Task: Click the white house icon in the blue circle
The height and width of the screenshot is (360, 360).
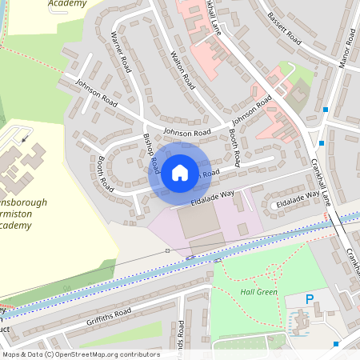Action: tap(180, 172)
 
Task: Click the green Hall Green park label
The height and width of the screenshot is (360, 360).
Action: tap(258, 292)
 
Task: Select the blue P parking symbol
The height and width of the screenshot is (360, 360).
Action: tap(309, 299)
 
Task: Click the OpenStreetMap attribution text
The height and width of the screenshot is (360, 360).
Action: tap(80, 354)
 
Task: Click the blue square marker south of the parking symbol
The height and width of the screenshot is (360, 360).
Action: tap(336, 344)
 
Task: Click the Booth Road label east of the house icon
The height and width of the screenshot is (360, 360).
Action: tap(234, 143)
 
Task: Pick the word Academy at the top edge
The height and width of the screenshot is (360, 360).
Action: tap(67, 3)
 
